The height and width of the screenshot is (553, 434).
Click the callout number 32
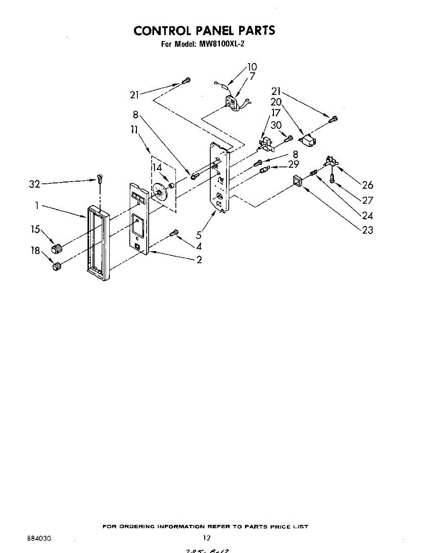click(x=35, y=184)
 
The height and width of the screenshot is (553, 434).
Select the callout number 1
click(x=36, y=206)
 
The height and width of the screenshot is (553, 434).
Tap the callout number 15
click(x=36, y=229)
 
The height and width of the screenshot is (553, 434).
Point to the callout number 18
click(x=36, y=250)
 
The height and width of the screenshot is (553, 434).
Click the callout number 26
click(x=368, y=185)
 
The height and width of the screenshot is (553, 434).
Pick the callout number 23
click(x=368, y=230)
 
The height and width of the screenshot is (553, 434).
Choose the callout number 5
click(x=199, y=235)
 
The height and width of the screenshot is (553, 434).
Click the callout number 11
click(x=134, y=130)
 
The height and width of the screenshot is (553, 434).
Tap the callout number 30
click(x=276, y=125)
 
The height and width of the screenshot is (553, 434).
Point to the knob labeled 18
click(x=56, y=266)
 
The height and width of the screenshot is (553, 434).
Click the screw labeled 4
click(x=174, y=233)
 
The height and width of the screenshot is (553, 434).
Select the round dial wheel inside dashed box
click(x=159, y=192)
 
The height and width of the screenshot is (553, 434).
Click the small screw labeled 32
click(x=100, y=177)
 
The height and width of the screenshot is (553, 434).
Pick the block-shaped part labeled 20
click(x=307, y=139)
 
